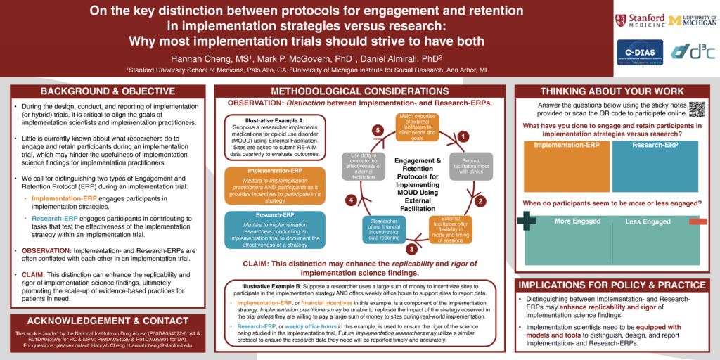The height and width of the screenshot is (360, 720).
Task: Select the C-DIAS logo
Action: (639, 51)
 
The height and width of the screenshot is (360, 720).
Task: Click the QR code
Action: (696, 109)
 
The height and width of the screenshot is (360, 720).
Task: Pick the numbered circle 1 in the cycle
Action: (464, 136)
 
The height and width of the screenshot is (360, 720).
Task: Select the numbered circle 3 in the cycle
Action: (411, 247)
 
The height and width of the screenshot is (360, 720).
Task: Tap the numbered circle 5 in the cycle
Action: (378, 131)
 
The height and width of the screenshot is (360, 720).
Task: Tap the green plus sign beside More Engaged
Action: (527, 220)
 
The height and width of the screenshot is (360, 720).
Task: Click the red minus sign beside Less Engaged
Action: (697, 221)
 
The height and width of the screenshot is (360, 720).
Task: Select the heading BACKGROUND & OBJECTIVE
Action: (108, 92)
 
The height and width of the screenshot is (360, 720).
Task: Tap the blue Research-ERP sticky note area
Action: (655, 166)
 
